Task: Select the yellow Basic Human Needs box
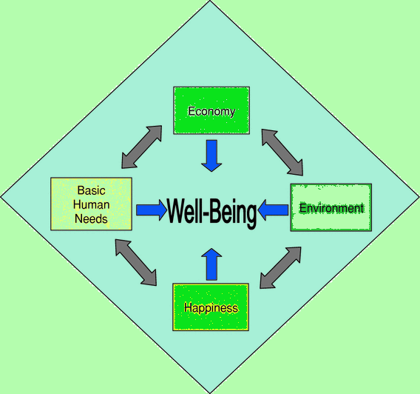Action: click(x=91, y=204)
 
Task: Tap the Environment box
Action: click(x=331, y=207)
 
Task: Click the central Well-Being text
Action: click(x=211, y=212)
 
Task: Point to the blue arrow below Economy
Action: click(x=211, y=156)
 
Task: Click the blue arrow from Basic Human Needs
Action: click(x=152, y=210)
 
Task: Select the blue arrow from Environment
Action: click(x=274, y=210)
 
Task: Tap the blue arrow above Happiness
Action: click(x=211, y=264)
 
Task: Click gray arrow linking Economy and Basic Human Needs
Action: click(x=141, y=147)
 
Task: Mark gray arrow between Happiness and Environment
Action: click(x=280, y=267)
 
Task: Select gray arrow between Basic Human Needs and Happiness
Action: click(x=136, y=261)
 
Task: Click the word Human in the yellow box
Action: click(x=91, y=204)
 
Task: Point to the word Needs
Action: click(x=91, y=218)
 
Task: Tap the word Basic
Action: click(x=91, y=190)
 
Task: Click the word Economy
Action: click(x=211, y=112)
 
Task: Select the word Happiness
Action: click(x=211, y=307)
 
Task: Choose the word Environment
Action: click(x=331, y=208)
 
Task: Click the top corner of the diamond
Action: click(x=210, y=3)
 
